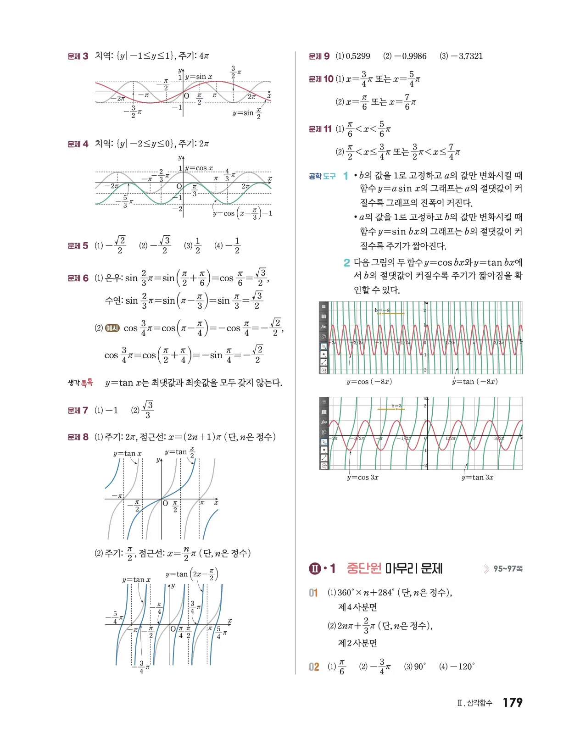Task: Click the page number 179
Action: (x=513, y=702)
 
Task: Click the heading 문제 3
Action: (x=78, y=56)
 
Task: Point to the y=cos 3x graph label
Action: (x=363, y=478)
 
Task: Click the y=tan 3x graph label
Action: (x=477, y=478)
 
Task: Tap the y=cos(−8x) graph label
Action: (x=369, y=382)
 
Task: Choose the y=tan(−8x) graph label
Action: (x=474, y=382)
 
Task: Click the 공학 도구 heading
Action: (x=322, y=176)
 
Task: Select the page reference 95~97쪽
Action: (x=508, y=569)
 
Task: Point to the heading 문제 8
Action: (x=78, y=437)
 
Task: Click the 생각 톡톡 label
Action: (x=80, y=383)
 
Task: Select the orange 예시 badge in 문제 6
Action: (x=112, y=328)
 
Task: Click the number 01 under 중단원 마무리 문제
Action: (x=313, y=593)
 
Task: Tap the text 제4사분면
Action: (x=357, y=607)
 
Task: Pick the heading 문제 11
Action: (x=320, y=129)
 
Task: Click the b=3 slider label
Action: (x=396, y=406)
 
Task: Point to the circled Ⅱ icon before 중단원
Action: (x=315, y=569)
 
